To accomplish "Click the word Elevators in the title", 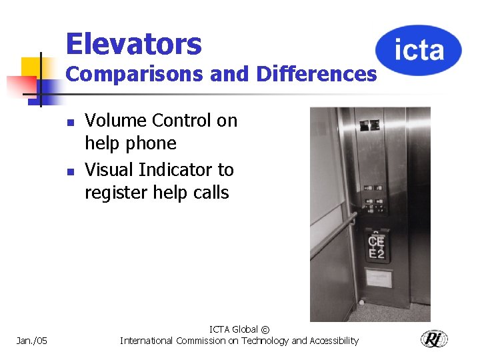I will tap(133, 44).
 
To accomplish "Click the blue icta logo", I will tap(419, 49).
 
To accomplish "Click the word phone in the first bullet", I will tap(153, 143).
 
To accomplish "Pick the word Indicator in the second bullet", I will tap(177, 170).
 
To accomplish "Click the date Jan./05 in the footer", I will tap(31, 341).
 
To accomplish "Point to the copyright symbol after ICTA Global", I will tap(265, 329).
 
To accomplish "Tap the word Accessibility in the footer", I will tap(329, 341).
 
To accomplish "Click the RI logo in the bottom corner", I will tap(434, 339).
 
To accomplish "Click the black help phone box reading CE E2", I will tap(377, 245).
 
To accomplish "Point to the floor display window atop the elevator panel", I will tap(369, 125).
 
